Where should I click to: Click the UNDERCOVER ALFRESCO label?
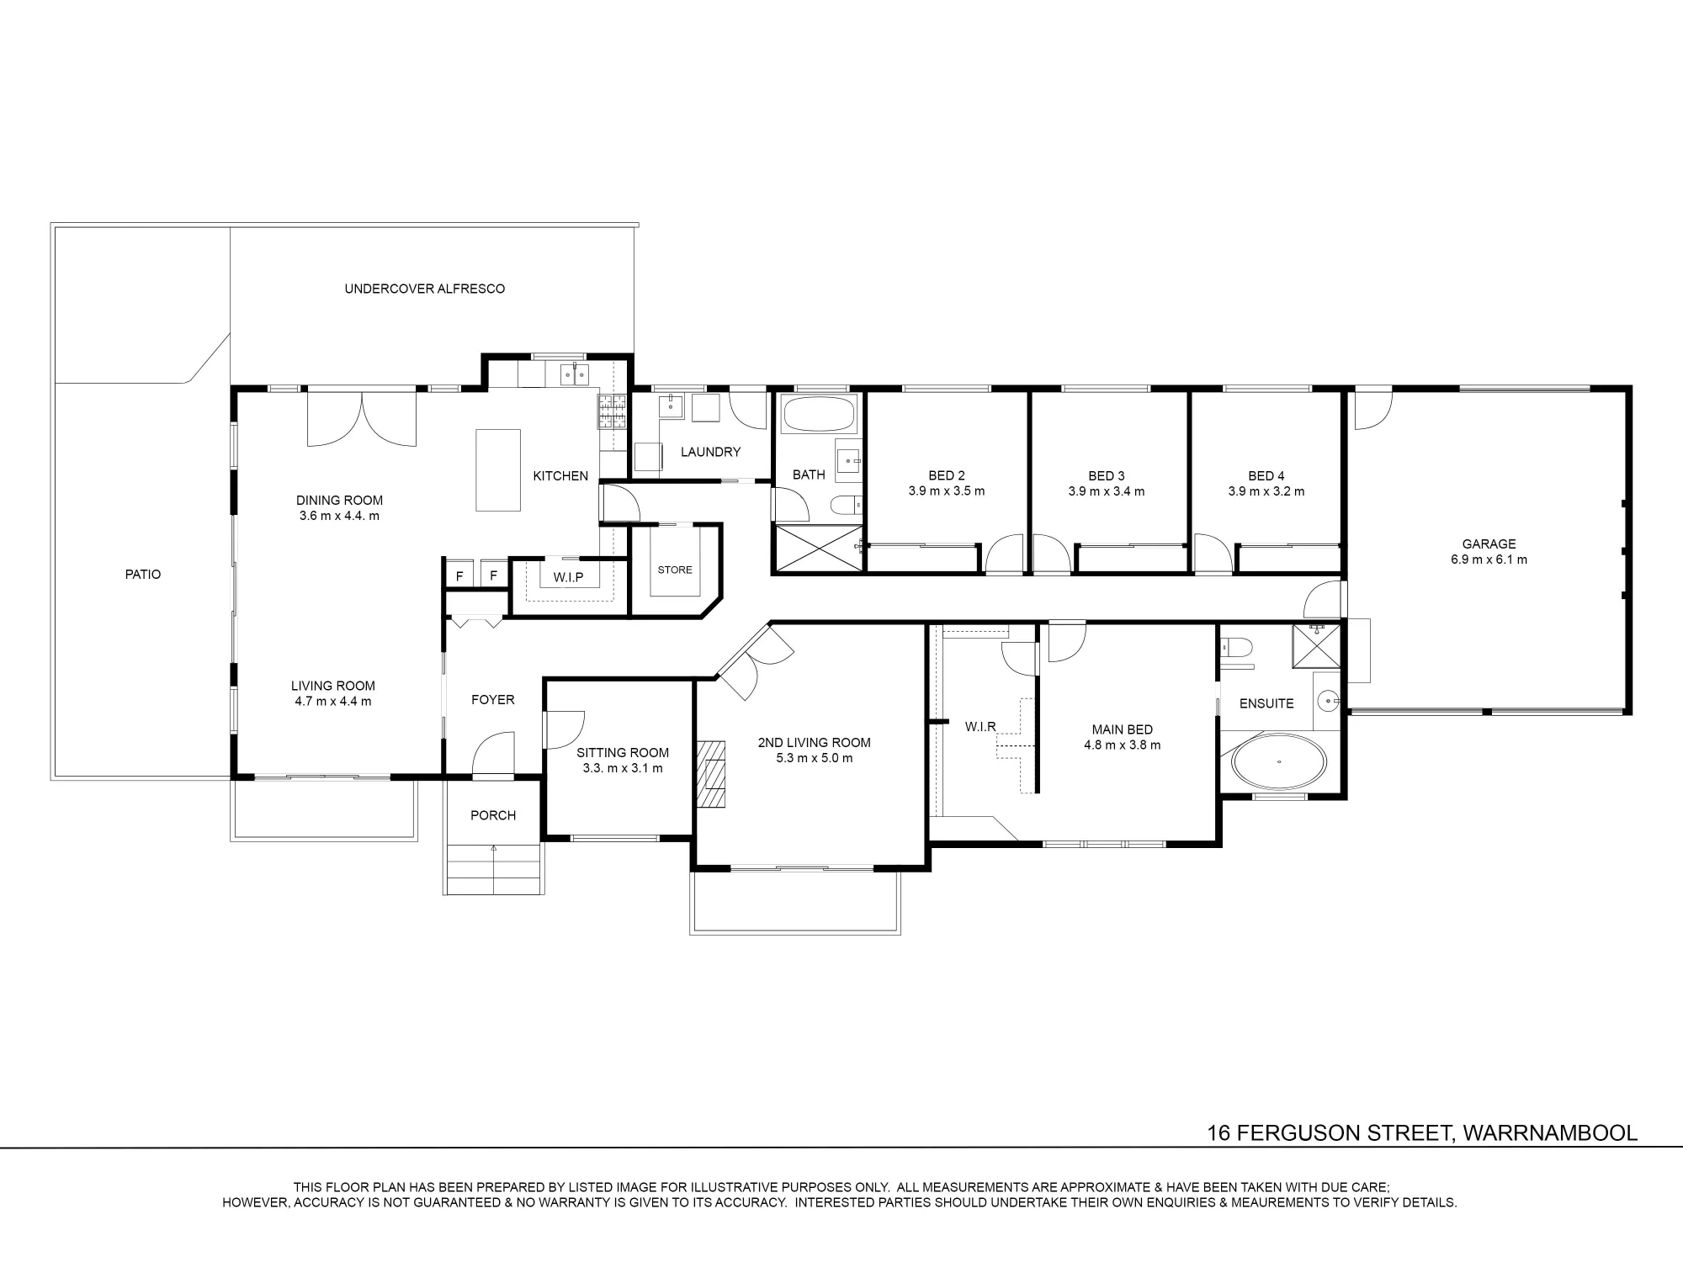coord(425,289)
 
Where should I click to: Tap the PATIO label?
coord(143,575)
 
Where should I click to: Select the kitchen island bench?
coord(498,469)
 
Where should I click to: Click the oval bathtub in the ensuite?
coord(1279,763)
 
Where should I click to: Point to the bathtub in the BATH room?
coord(818,414)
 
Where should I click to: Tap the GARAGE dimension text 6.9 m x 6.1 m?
coord(1489,559)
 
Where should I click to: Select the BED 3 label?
coord(1107,476)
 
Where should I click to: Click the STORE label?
coord(675,570)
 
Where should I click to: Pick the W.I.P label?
coord(568,578)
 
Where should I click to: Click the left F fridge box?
coord(459,575)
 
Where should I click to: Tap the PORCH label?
coord(493,815)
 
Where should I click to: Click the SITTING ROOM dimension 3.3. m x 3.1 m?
coord(623,768)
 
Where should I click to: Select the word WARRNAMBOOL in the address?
coord(1550,1133)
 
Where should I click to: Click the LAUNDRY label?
coord(711,452)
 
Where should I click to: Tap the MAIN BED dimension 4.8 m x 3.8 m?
coord(1123,745)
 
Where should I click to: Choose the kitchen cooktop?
coord(612,411)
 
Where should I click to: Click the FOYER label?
coord(493,700)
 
